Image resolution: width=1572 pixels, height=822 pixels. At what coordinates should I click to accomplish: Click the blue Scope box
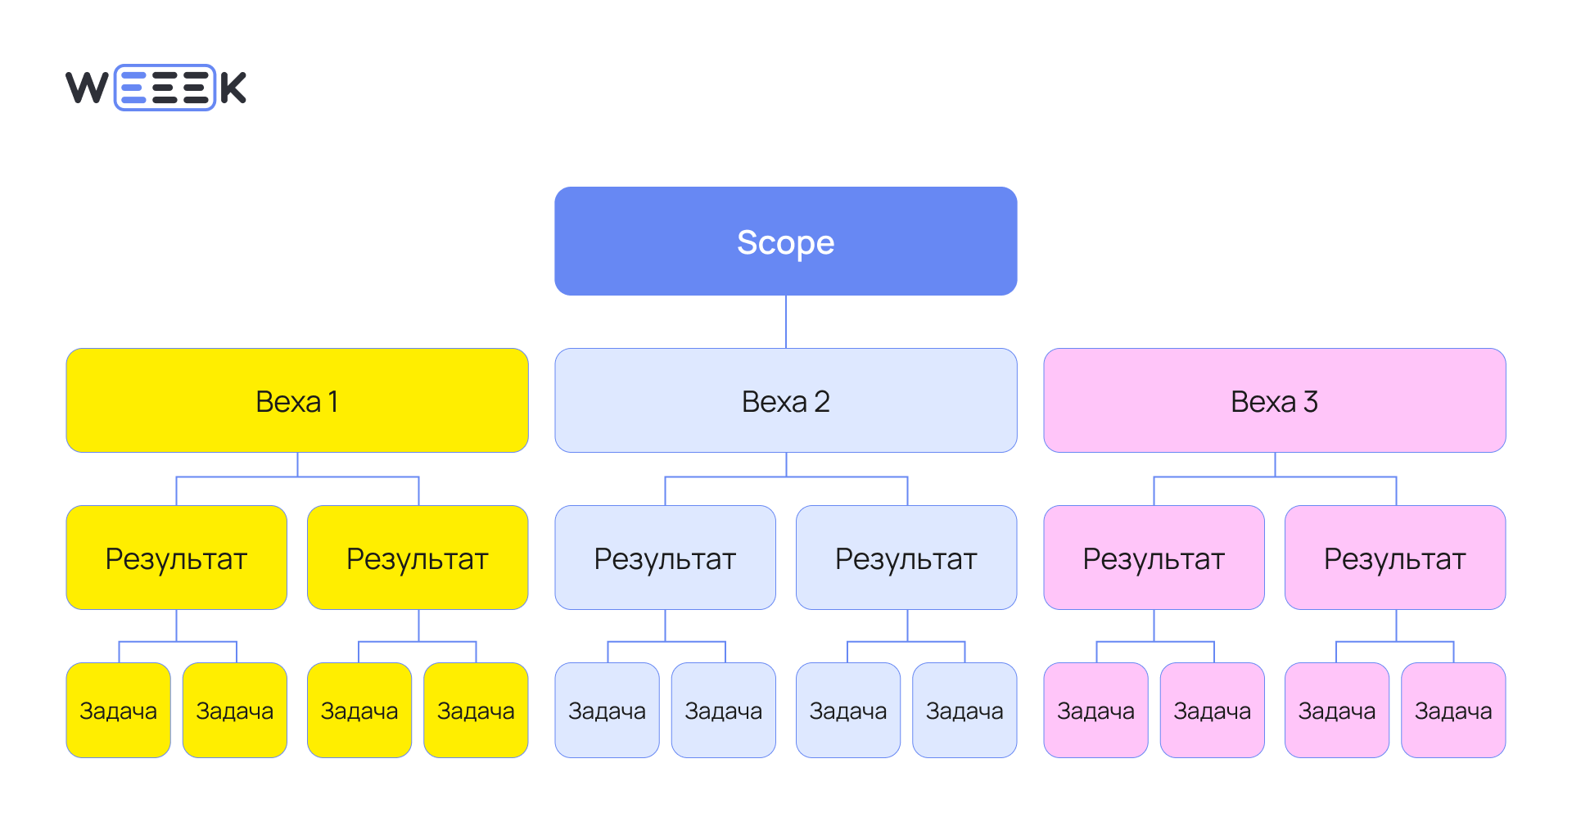point(785,241)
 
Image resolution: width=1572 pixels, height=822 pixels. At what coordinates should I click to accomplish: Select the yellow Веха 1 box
point(296,400)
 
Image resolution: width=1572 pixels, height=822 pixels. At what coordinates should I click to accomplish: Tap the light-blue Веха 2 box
point(785,400)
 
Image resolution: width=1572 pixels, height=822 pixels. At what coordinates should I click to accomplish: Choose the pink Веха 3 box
point(1274,400)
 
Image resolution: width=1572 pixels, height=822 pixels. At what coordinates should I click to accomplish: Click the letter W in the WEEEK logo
point(87,88)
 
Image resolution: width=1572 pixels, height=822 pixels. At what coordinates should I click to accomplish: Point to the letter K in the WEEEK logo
point(233,88)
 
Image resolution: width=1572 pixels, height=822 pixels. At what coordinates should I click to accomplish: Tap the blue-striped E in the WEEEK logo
point(133,88)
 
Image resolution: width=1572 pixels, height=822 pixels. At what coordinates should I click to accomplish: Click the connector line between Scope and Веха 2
point(786,322)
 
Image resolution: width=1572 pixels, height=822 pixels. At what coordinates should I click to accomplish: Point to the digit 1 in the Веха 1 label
point(333,402)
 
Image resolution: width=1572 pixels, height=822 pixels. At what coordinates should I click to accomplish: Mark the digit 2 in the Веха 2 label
point(822,402)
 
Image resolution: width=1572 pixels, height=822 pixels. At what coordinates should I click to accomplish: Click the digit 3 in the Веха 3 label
point(1311,402)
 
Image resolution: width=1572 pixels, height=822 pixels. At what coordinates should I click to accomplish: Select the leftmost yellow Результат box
point(176,558)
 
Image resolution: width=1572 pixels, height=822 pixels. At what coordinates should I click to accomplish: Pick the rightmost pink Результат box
point(1395,558)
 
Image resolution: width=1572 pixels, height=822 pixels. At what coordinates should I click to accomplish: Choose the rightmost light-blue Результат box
point(906,558)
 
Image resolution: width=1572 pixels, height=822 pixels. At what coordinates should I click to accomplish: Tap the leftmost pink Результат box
point(1154,558)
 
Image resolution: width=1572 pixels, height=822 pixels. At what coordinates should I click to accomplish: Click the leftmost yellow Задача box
point(118,710)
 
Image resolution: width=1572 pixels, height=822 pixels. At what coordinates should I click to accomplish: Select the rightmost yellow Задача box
point(476,710)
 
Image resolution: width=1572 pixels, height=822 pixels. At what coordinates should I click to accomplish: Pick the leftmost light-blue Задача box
point(607,710)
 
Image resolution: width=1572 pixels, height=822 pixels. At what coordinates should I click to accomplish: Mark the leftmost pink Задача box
point(1095,710)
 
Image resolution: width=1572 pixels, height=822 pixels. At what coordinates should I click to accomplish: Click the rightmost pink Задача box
point(1453,710)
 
